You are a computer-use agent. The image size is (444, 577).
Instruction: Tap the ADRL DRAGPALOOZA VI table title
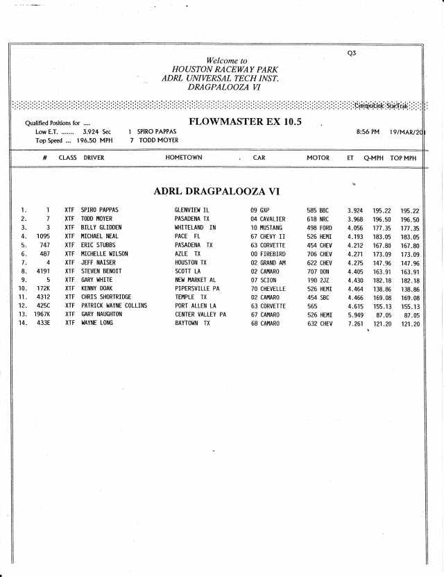click(216, 190)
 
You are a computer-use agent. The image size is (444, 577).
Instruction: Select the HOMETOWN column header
click(184, 158)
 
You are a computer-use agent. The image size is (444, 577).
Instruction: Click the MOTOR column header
click(318, 158)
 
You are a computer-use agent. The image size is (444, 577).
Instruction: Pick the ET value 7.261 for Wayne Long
click(355, 324)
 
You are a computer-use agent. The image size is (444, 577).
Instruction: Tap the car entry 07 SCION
click(264, 280)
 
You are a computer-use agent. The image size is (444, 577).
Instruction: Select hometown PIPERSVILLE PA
click(197, 288)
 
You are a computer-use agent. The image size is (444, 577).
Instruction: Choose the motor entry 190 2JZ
click(317, 280)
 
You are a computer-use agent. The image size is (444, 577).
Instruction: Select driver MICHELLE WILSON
click(105, 253)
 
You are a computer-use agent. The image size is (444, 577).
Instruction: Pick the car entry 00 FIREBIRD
click(268, 253)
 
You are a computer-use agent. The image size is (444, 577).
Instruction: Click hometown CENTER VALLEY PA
click(200, 315)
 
